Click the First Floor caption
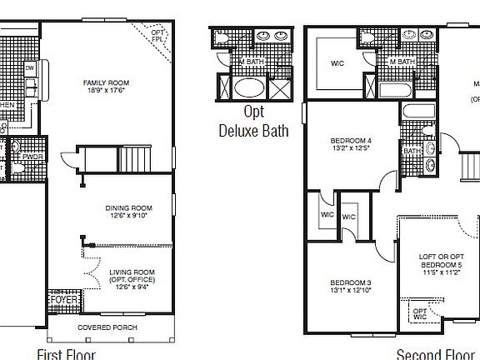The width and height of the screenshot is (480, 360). pyautogui.click(x=66, y=353)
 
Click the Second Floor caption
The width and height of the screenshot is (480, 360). pyautogui.click(x=434, y=353)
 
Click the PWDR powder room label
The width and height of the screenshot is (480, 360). pyautogui.click(x=33, y=155)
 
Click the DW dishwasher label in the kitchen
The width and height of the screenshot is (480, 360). pyautogui.click(x=29, y=67)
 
